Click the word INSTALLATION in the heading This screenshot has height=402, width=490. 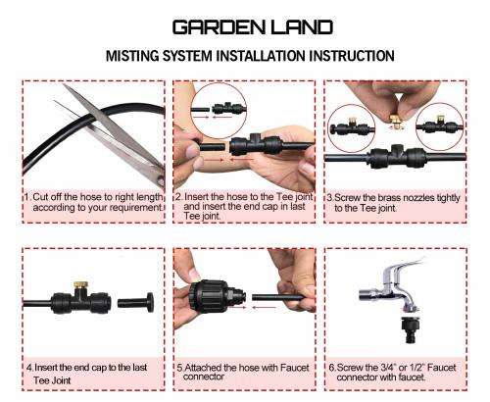point(268,55)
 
